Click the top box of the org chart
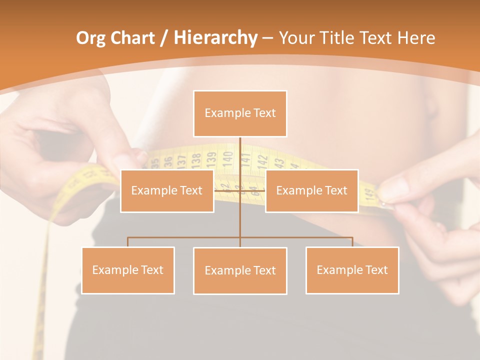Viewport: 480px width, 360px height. coord(240,113)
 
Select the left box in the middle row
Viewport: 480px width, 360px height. coord(167,190)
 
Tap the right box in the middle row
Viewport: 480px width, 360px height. coord(311,190)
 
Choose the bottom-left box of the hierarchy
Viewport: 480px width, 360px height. coord(128,270)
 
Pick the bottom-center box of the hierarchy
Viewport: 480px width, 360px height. coord(240,270)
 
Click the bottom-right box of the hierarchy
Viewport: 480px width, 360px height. coord(352,270)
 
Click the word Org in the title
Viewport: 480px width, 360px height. coord(90,38)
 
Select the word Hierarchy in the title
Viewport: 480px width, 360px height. coord(215,38)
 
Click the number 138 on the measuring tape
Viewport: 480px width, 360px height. coord(196,159)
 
